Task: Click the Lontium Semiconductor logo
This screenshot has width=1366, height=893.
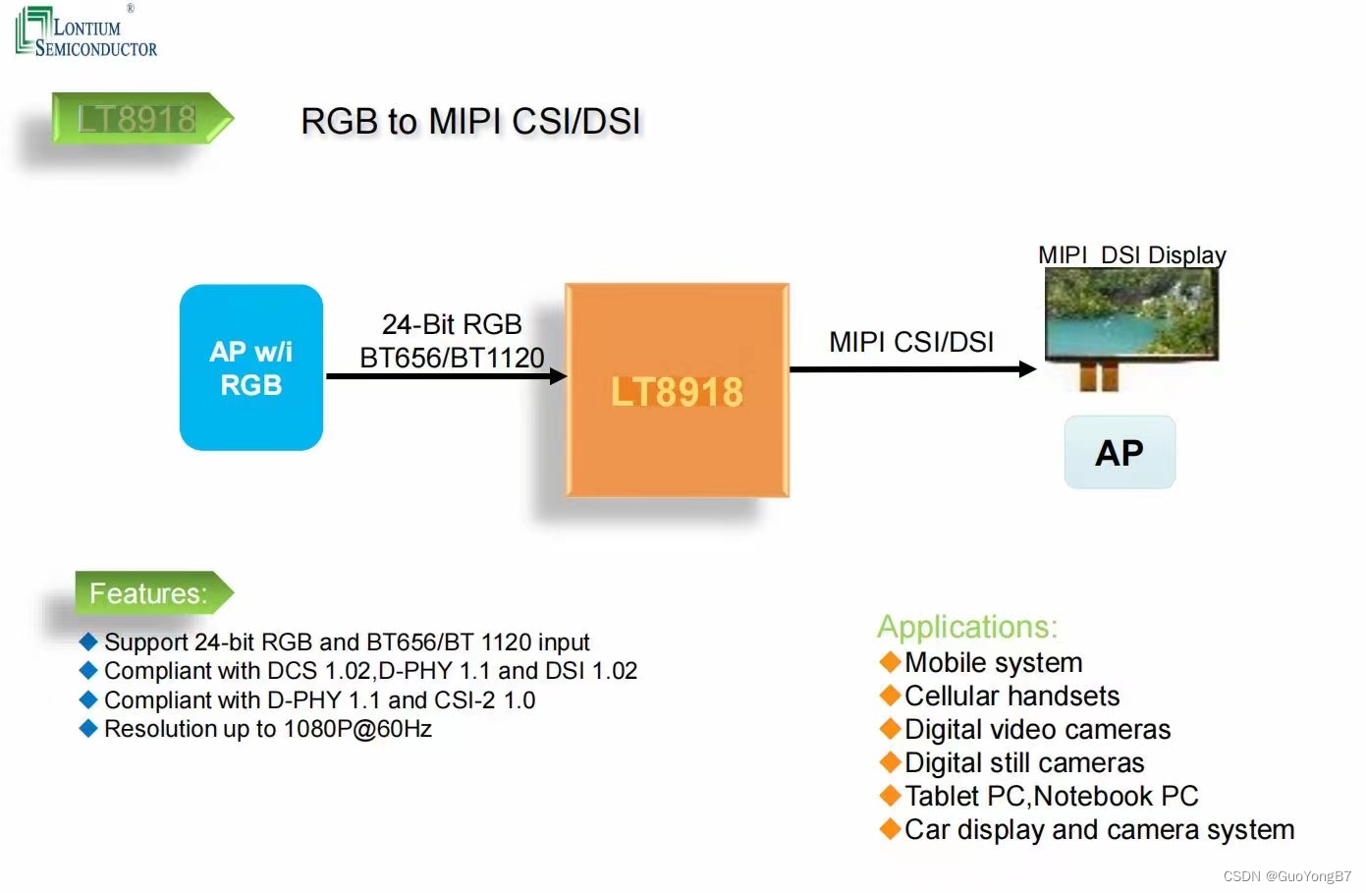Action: [x=85, y=32]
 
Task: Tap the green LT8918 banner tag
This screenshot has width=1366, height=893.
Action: [x=137, y=119]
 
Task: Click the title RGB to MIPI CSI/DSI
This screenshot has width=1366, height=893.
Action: [x=470, y=122]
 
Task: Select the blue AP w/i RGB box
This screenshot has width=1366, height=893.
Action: [x=251, y=367]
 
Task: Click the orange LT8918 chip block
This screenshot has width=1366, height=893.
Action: [x=677, y=390]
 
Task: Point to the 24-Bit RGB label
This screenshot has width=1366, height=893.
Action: [x=452, y=324]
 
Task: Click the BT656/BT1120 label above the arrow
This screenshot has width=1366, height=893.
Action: [x=452, y=358]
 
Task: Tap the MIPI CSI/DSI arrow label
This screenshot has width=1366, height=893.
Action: [x=911, y=342]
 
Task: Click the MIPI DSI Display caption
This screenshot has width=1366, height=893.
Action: [x=1131, y=255]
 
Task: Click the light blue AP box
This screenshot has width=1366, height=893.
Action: [x=1120, y=453]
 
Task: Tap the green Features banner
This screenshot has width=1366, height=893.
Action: [x=149, y=593]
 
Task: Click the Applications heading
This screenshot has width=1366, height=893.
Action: [x=967, y=627]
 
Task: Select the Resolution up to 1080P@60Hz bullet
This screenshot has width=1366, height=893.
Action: [x=267, y=729]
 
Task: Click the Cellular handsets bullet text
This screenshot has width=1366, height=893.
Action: [x=1011, y=697]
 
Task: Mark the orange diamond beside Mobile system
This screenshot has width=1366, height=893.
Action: [x=890, y=662]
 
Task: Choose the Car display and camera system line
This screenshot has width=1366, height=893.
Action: [x=1099, y=830]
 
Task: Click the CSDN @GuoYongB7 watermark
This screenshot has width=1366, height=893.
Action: [x=1286, y=876]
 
